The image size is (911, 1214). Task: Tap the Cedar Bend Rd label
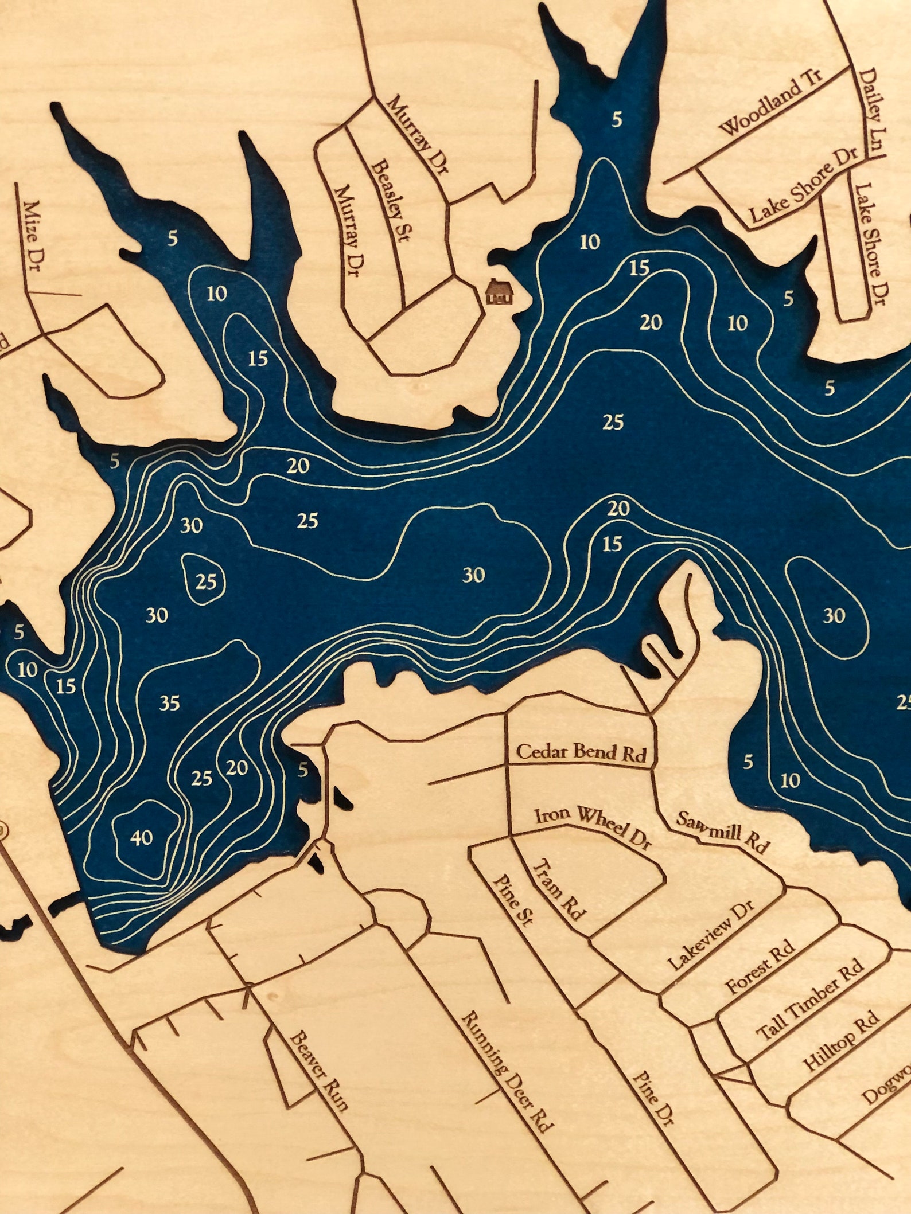[x=582, y=752]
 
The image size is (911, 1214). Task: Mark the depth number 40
[x=142, y=838]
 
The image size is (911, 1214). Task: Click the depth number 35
[x=170, y=702]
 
